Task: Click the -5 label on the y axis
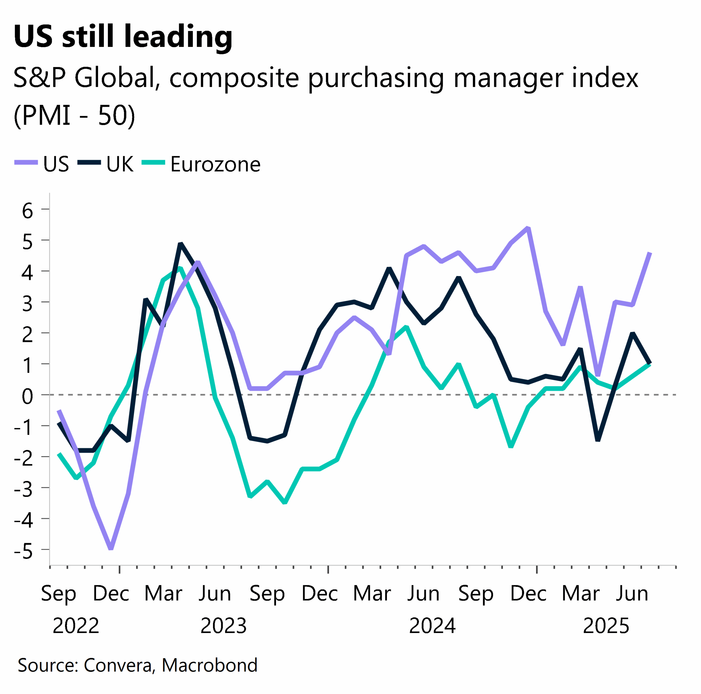pyautogui.click(x=23, y=551)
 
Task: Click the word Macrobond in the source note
pyautogui.click(x=209, y=665)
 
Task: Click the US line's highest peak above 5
pyautogui.click(x=528, y=228)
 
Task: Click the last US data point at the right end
pyautogui.click(x=650, y=253)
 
